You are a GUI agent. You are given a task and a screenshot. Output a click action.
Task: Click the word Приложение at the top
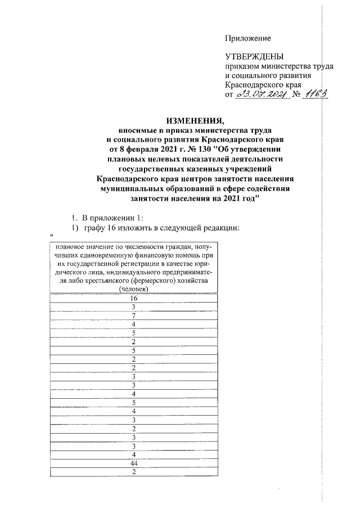pos(247,38)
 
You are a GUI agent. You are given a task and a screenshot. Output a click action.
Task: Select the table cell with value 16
pos(133,298)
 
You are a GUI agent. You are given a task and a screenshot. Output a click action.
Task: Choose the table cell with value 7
pos(133,316)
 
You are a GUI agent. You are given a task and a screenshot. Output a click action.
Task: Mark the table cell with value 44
pos(133,463)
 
